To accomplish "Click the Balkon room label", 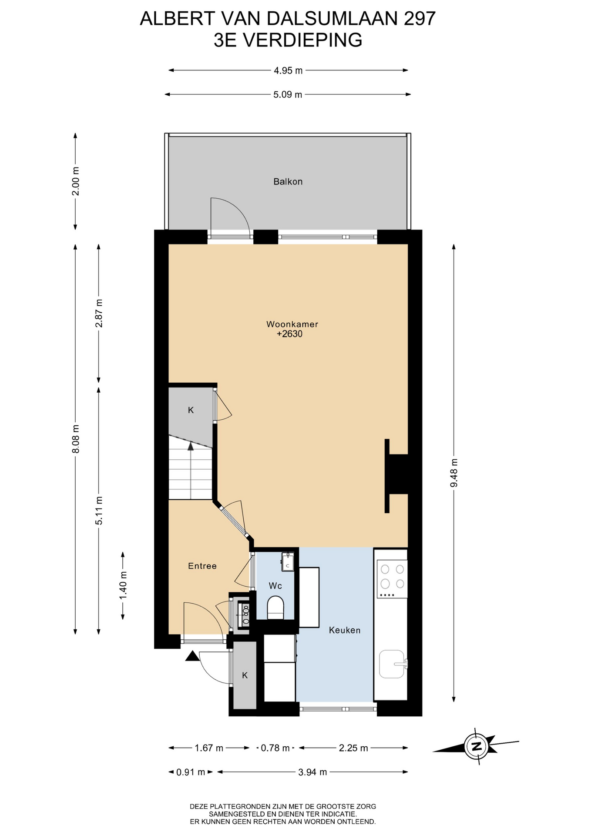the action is tap(288, 182).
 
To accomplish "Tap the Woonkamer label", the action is tap(292, 324).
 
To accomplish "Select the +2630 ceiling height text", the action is tap(289, 334).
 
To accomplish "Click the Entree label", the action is tap(202, 566).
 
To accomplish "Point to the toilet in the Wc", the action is tap(275, 608).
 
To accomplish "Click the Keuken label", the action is tap(345, 630).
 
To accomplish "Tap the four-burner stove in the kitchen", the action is tap(392, 579).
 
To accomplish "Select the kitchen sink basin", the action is tap(392, 664).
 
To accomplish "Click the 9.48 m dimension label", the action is tap(454, 473).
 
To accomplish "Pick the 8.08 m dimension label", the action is tap(76, 439).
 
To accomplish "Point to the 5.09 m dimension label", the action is tap(288, 94).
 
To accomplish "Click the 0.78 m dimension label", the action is tap(275, 748).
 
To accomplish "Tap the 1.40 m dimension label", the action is tap(123, 585).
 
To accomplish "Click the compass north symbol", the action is tap(476, 746).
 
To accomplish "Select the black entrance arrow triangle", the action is tap(192, 656).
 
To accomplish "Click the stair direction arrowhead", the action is tap(190, 446).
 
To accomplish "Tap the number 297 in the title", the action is tap(420, 19).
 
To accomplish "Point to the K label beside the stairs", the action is tap(191, 410).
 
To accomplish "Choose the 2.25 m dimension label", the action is tap(353, 748).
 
